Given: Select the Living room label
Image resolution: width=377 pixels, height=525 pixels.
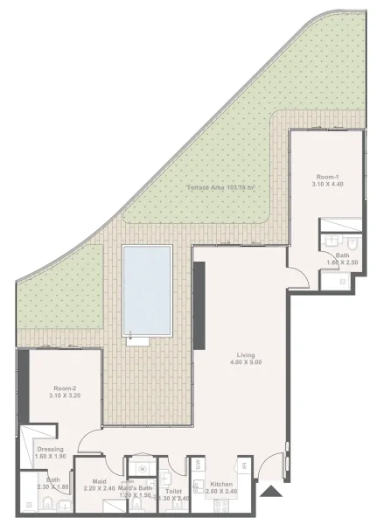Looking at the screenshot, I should [245, 354].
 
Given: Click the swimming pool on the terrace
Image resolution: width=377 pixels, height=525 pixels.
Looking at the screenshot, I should [147, 290].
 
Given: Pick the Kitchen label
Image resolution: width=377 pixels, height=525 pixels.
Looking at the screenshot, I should [221, 483].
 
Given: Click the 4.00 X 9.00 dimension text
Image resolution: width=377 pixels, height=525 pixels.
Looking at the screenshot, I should [245, 362].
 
